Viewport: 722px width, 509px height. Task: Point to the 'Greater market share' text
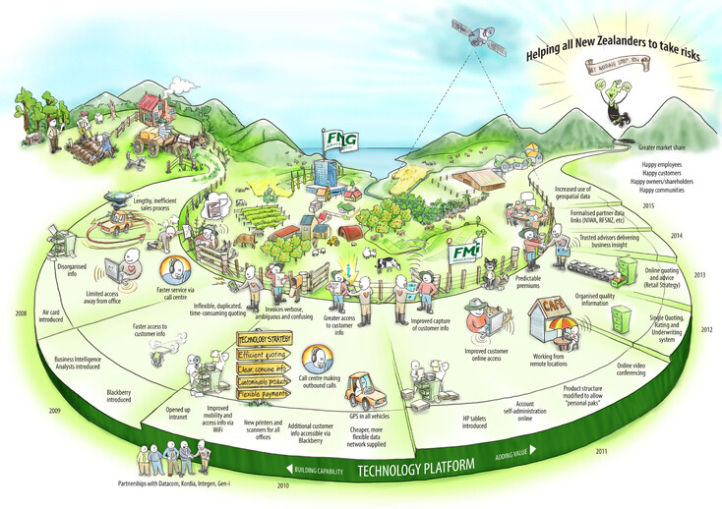tap(654, 144)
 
